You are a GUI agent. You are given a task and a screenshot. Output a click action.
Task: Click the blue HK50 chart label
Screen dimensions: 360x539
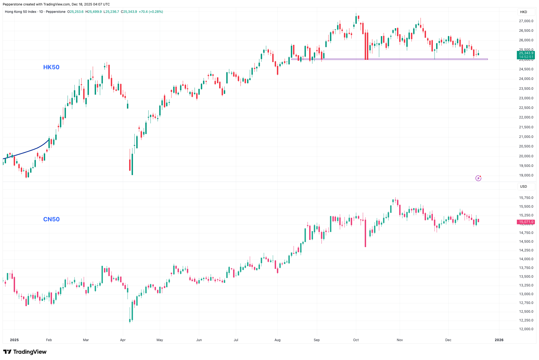point(51,67)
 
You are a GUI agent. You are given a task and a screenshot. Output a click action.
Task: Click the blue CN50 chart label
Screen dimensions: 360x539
point(51,219)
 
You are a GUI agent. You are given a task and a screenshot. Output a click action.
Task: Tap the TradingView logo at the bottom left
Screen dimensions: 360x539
point(25,352)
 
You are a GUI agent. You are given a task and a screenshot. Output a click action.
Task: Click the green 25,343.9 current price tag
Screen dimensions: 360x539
point(526,53)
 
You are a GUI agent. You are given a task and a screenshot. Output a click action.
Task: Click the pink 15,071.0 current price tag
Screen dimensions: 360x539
point(526,222)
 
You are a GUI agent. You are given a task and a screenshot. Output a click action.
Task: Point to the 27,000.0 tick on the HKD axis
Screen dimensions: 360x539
point(526,21)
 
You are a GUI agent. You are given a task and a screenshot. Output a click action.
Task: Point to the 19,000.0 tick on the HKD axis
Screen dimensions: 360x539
point(526,175)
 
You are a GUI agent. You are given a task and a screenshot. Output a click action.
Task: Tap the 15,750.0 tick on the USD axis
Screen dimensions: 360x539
point(526,198)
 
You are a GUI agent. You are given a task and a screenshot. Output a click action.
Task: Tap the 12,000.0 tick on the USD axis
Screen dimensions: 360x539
point(526,329)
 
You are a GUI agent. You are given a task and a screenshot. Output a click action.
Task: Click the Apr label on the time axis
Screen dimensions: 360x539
point(123,340)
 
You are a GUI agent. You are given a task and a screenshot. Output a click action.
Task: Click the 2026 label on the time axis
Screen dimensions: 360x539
point(499,340)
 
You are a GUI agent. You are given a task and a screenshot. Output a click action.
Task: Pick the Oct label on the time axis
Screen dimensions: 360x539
point(356,340)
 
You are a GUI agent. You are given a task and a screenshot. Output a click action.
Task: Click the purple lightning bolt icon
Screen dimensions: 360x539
point(478,178)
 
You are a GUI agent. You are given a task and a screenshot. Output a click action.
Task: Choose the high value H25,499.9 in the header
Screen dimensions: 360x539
point(94,12)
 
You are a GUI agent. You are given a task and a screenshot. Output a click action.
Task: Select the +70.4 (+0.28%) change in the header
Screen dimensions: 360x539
point(151,12)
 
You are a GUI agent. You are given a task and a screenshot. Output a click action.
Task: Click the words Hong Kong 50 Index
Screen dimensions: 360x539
point(21,12)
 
